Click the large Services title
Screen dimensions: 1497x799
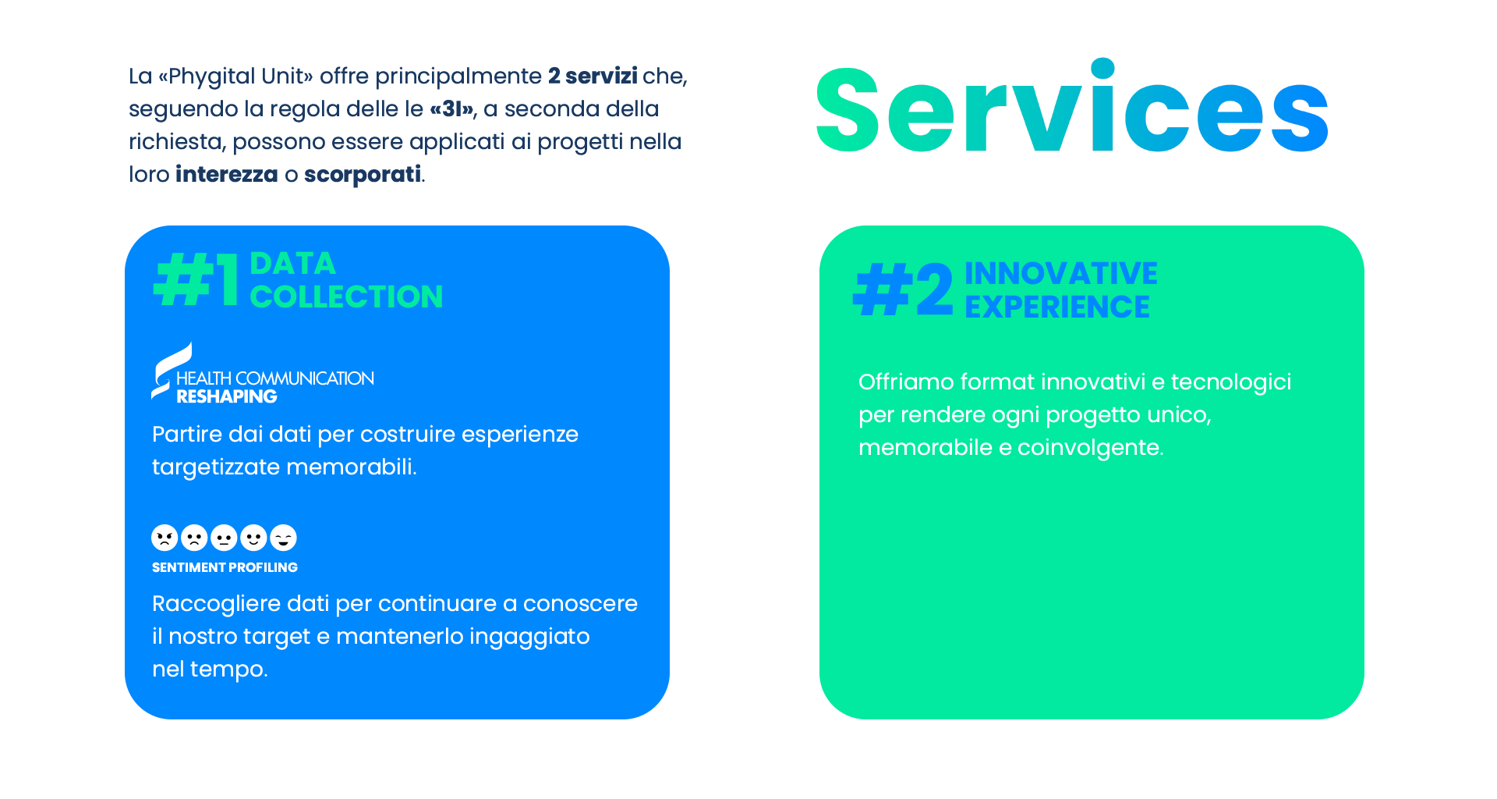point(1072,106)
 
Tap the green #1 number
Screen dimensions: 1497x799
point(196,279)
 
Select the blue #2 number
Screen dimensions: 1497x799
point(903,289)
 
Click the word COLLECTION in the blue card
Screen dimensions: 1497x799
point(346,297)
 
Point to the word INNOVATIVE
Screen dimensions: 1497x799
point(1061,273)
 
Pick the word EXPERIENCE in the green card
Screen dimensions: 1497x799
point(1057,307)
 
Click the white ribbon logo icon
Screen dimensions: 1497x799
point(171,371)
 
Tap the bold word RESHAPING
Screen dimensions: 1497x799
point(227,396)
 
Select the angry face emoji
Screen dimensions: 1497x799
point(165,538)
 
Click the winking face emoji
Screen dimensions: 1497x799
point(283,538)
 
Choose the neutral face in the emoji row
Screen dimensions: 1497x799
point(224,538)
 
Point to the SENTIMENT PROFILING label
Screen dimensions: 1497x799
point(225,567)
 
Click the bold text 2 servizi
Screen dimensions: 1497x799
point(593,76)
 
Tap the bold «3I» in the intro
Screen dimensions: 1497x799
point(452,108)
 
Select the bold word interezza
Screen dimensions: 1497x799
point(227,174)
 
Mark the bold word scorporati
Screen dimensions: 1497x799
point(363,174)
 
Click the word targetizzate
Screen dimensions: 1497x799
point(216,467)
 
